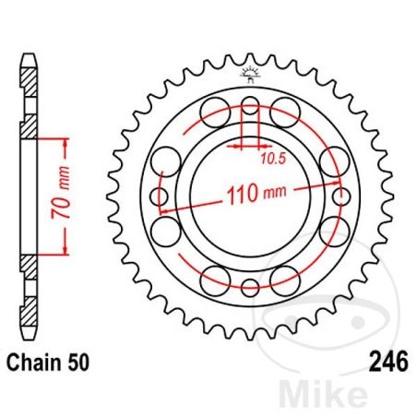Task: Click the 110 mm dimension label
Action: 250,196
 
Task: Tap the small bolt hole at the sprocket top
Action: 250,106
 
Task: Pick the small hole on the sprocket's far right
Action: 342,197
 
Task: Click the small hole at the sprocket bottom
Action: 250,287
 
